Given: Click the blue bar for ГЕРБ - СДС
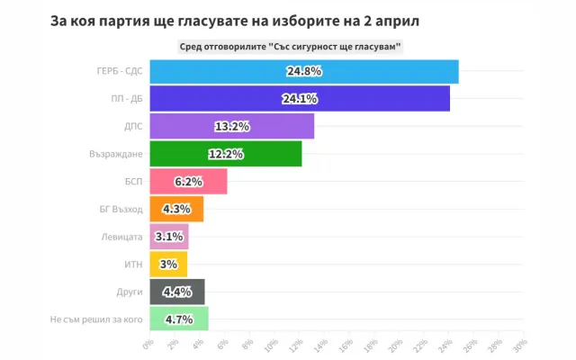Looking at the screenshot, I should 303,71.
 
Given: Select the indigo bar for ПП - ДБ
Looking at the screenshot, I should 299,99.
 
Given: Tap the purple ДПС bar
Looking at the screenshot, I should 231,126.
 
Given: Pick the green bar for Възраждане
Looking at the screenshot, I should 225,154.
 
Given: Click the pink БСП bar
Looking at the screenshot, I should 187,182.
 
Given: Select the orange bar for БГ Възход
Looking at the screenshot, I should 175,209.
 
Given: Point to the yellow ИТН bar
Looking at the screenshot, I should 167,265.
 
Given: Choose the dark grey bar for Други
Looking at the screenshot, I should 176,292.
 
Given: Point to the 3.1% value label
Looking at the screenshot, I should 171,237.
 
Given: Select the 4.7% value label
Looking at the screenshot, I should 180,319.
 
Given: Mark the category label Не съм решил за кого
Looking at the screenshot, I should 97,319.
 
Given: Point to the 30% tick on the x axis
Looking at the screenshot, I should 518,346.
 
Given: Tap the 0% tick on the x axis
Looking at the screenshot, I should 148,346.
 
